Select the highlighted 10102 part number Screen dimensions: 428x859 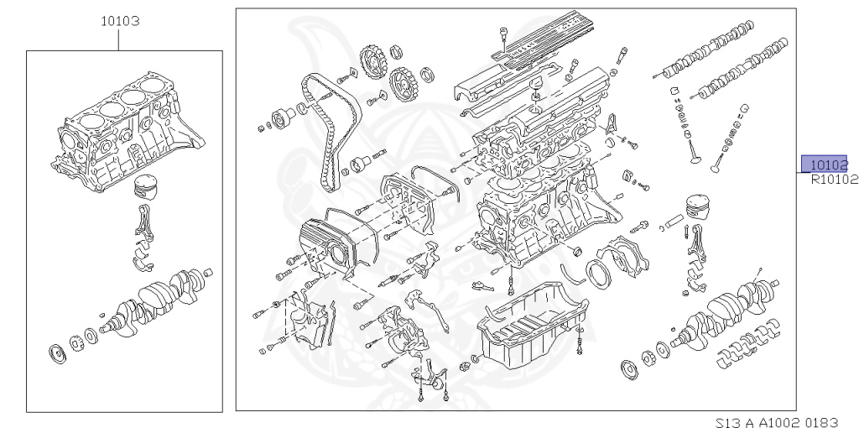click(x=825, y=164)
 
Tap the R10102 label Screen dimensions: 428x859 click(x=833, y=179)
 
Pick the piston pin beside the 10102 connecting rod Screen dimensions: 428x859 click(x=674, y=224)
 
